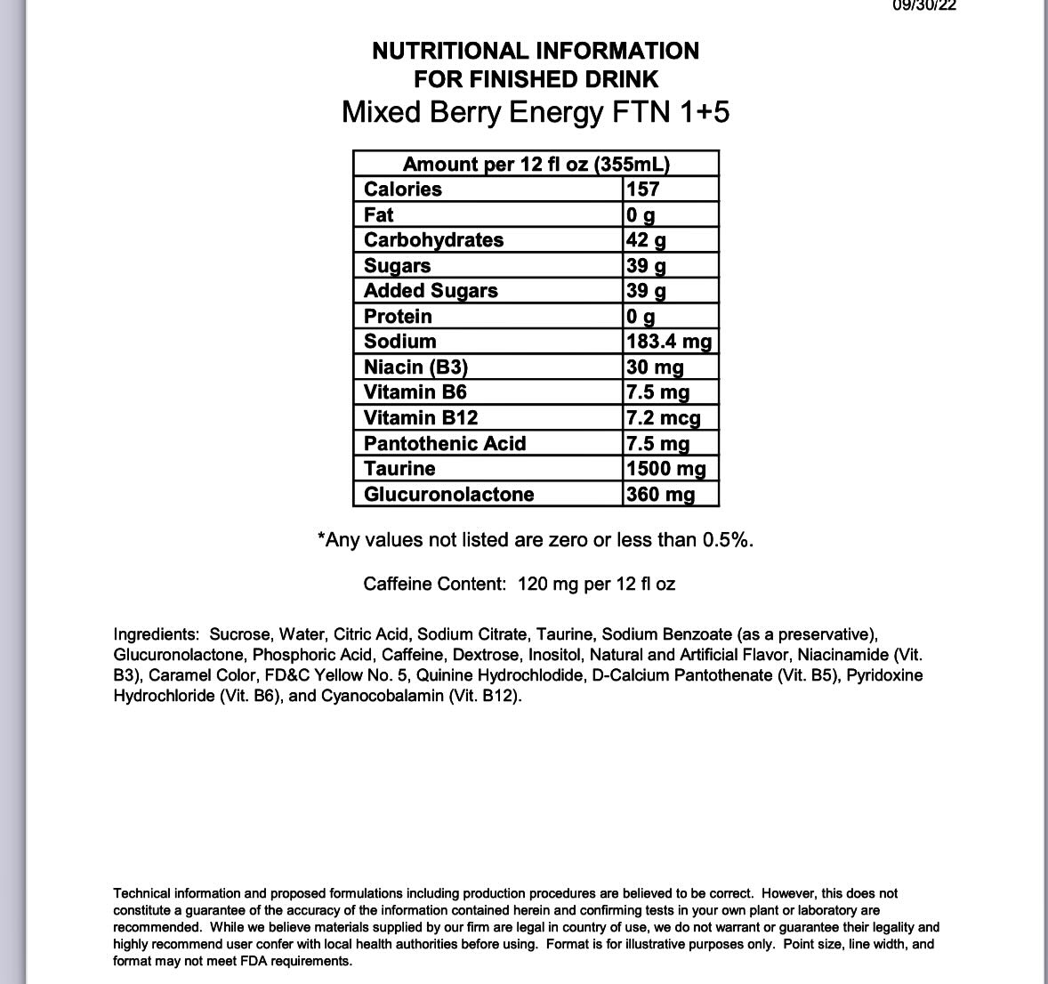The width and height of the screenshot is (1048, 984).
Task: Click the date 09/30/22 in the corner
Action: click(924, 5)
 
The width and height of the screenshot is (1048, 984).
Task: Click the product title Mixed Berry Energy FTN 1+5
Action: click(536, 113)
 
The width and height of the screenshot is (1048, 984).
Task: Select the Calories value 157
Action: click(643, 190)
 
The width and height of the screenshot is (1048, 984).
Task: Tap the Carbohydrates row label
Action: click(433, 240)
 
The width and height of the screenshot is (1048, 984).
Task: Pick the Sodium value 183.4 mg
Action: click(669, 342)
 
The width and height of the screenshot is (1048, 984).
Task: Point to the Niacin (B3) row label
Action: click(415, 367)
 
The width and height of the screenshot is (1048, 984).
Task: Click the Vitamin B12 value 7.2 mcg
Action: click(664, 418)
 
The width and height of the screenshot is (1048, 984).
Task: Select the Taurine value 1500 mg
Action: click(666, 469)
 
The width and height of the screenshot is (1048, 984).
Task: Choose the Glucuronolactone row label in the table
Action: click(448, 495)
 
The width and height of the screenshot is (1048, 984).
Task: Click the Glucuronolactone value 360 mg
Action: click(660, 495)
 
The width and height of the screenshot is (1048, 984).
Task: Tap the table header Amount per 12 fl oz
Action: click(536, 165)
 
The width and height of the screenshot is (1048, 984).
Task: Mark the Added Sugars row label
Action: click(431, 291)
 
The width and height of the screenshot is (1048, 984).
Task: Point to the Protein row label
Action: click(398, 317)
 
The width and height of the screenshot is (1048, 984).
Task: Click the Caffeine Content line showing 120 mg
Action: click(519, 585)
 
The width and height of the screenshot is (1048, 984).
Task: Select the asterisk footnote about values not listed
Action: click(536, 540)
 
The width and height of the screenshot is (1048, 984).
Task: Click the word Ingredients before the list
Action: click(156, 634)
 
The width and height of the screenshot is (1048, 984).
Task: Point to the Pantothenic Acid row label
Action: click(445, 444)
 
